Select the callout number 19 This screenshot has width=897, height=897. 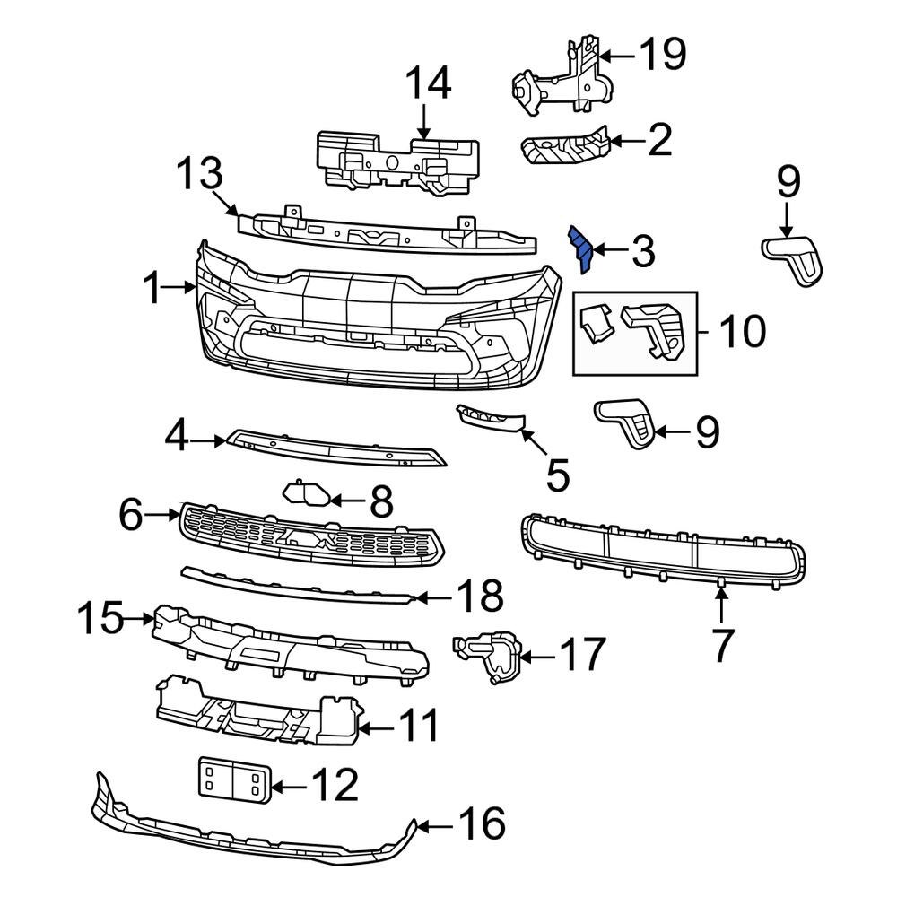[x=662, y=55]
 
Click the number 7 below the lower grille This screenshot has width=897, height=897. [x=723, y=644]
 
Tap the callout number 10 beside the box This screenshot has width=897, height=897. [x=741, y=331]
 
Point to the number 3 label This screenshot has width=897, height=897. [x=643, y=253]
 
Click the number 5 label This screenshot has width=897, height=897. [x=557, y=475]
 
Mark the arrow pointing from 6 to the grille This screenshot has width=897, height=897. [x=164, y=515]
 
